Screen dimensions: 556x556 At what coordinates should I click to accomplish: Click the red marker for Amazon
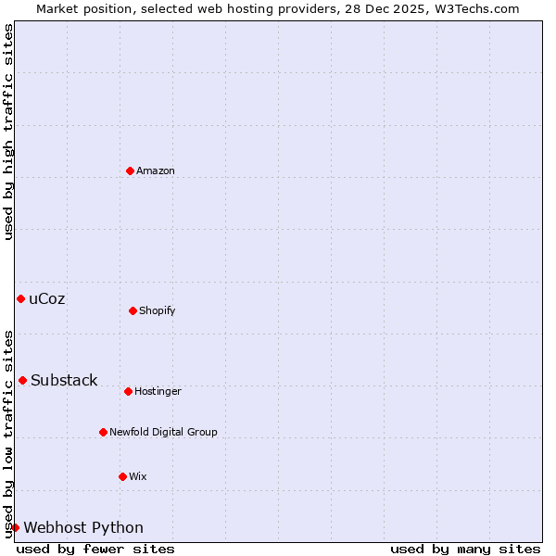[x=130, y=171]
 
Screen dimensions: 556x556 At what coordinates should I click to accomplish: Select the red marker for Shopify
[x=133, y=310]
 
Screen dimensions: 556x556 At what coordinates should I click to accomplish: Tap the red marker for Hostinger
[x=128, y=391]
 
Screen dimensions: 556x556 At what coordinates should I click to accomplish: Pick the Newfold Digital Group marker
[x=103, y=432]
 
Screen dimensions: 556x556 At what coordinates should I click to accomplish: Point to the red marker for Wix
[x=122, y=476]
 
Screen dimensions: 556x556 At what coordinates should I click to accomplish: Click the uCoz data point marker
[x=20, y=298]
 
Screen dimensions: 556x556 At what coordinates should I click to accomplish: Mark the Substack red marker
[x=22, y=380]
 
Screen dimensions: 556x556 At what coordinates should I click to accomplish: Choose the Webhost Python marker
[x=15, y=527]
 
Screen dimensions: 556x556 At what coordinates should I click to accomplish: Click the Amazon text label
[x=156, y=171]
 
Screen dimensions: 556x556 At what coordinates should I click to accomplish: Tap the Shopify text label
[x=158, y=310]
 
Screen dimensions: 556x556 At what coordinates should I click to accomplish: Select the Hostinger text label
[x=158, y=391]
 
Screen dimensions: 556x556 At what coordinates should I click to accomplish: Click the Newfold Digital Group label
[x=163, y=432]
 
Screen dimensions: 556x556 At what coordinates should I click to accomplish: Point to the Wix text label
[x=138, y=476]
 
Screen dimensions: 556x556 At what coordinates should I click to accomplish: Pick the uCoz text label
[x=47, y=298]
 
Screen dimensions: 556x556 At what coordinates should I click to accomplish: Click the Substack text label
[x=64, y=380]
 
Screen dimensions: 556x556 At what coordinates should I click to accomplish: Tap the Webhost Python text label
[x=83, y=527]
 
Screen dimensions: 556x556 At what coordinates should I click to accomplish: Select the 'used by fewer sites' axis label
[x=95, y=549]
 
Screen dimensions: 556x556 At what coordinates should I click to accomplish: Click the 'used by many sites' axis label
[x=465, y=549]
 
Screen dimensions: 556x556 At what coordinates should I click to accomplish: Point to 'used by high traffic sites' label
[x=8, y=132]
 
